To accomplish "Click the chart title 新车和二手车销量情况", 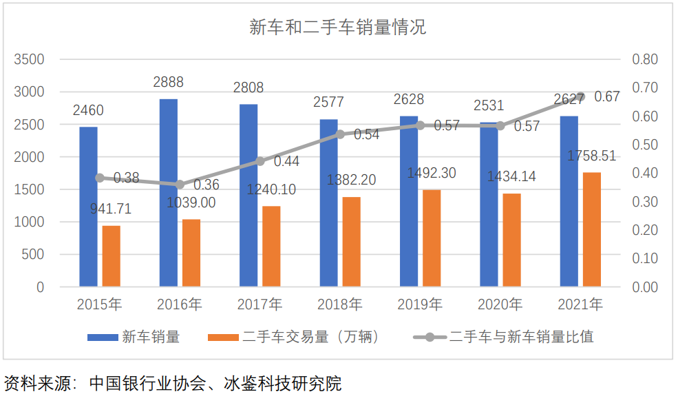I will coord(337,28).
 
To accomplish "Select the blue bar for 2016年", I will coord(169,193).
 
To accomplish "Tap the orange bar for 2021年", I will coord(592,229).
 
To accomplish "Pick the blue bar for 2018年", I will coord(329,203).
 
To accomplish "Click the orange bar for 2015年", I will coord(112,256).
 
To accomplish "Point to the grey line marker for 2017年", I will coord(260,161).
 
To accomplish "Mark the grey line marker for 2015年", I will coord(100,178).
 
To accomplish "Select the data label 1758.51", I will coord(591,156).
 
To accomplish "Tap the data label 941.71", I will coord(111,209).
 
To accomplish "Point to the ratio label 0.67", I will coord(607,97).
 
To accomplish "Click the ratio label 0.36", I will coord(206,185).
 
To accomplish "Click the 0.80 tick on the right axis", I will coord(645,59).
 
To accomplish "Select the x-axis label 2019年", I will coord(420,304).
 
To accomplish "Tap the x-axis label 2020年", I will coord(500,304).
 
